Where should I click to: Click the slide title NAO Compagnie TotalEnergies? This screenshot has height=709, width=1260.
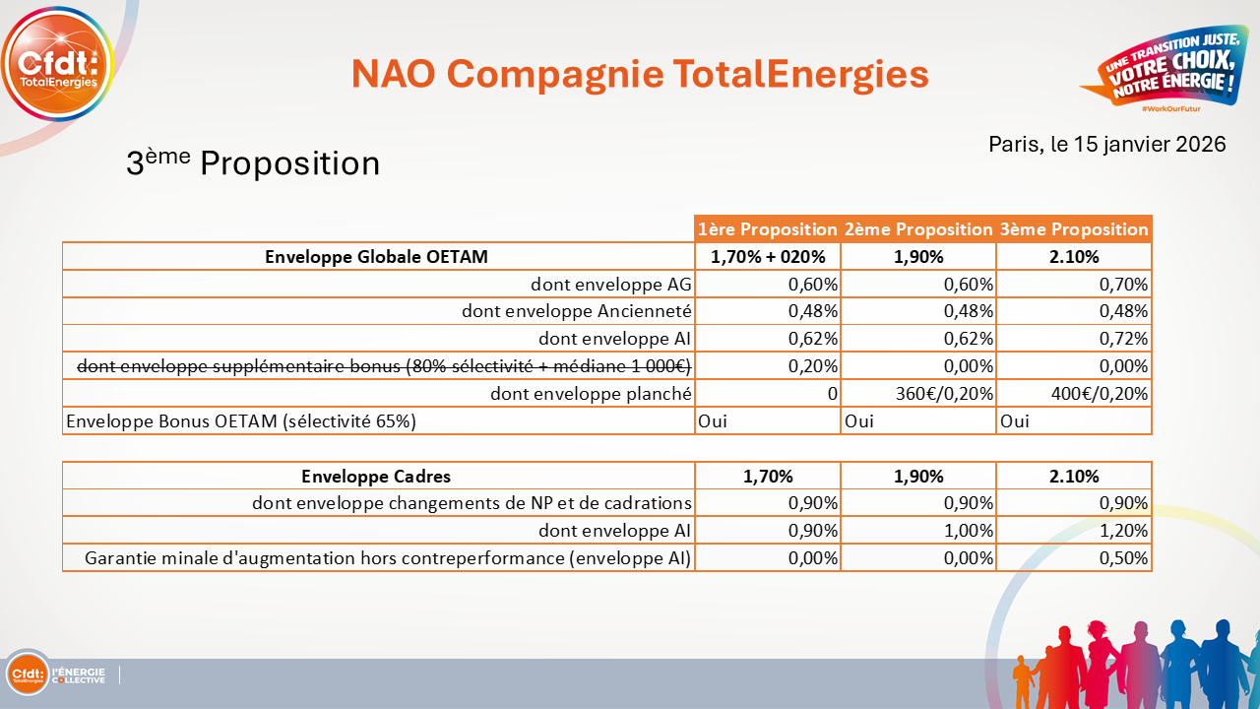[x=640, y=74]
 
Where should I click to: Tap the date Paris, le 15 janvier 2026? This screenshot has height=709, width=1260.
[x=1106, y=144]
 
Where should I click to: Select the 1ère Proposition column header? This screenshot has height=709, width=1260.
[x=767, y=229]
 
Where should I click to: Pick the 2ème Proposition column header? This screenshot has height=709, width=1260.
[x=918, y=229]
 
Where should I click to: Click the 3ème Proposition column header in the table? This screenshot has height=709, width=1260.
[x=1074, y=229]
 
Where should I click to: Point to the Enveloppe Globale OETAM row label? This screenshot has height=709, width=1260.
[x=377, y=257]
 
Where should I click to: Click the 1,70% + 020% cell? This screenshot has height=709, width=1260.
[x=767, y=257]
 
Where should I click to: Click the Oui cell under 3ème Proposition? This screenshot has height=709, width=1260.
[x=1015, y=421]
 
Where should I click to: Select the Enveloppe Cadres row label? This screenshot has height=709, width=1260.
[x=376, y=477]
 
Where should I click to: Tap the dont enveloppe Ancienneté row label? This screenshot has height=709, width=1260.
[x=577, y=312]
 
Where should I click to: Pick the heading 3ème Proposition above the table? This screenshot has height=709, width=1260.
[x=253, y=162]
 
